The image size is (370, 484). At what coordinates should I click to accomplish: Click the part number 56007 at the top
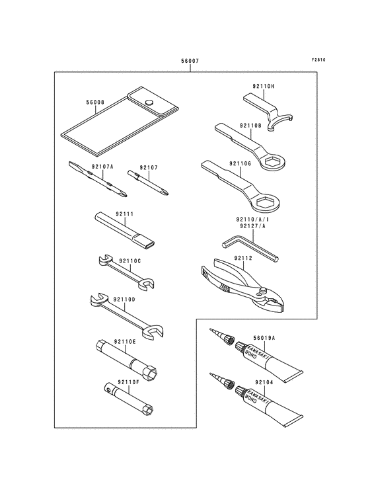point(190,61)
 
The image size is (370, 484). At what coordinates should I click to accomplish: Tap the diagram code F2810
point(318,60)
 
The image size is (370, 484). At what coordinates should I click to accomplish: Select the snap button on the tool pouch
point(149,102)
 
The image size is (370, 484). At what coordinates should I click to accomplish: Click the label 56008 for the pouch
point(95,102)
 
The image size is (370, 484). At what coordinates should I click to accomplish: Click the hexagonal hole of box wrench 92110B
point(272,161)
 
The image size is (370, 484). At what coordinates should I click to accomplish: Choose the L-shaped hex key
point(250,248)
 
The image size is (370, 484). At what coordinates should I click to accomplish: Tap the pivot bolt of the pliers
point(263,290)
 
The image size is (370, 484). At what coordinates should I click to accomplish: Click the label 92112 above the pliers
point(243,258)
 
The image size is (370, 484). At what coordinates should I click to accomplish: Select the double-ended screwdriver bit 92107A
point(98,179)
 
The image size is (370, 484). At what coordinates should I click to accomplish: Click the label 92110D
point(124,300)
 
